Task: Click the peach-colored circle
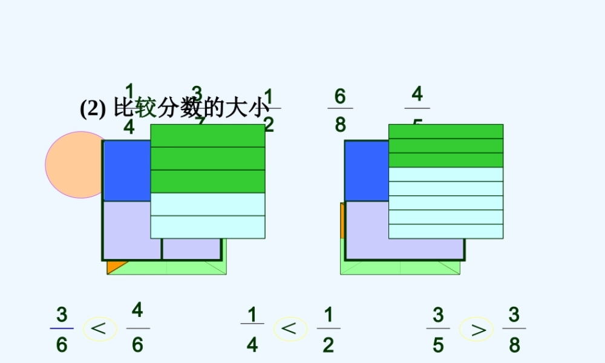click(x=73, y=165)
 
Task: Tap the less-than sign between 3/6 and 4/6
click(x=100, y=329)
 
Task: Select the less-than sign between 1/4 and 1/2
click(x=290, y=329)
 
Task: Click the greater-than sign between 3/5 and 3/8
click(x=476, y=329)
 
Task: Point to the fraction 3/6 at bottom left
click(x=62, y=329)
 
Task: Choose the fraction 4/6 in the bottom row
click(x=137, y=328)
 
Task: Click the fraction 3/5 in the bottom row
click(x=438, y=329)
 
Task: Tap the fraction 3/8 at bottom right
click(x=514, y=329)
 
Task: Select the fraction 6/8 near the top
click(x=340, y=110)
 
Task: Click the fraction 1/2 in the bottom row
click(x=328, y=329)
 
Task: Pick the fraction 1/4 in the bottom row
click(x=252, y=329)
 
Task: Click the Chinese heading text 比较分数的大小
click(x=190, y=109)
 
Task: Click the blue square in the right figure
click(x=365, y=171)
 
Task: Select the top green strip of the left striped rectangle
click(x=208, y=136)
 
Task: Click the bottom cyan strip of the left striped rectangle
click(x=208, y=227)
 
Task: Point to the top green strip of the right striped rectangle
click(x=445, y=131)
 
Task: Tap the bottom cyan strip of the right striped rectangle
click(x=445, y=232)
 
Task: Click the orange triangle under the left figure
click(x=115, y=266)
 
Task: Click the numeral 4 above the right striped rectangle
click(x=417, y=95)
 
